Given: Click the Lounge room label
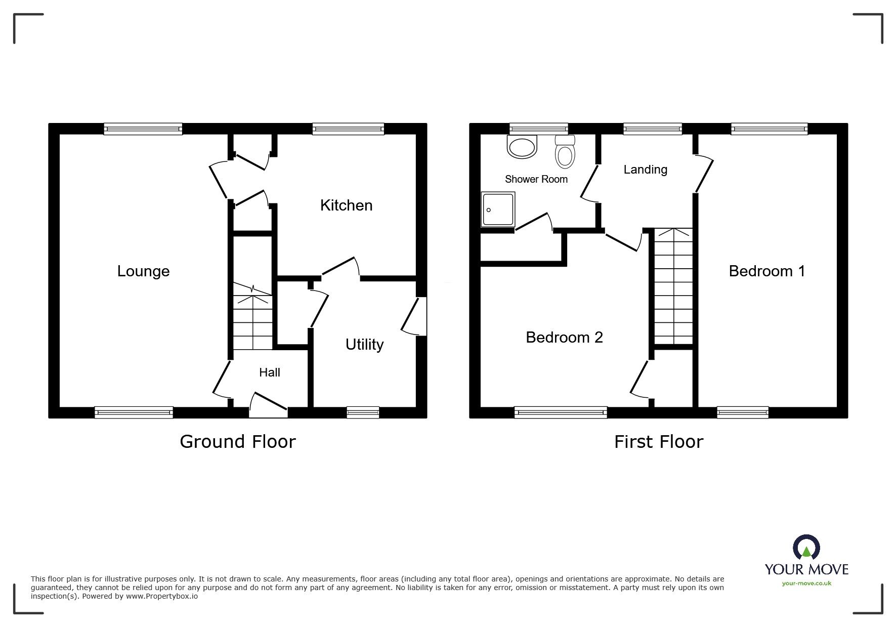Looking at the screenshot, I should (x=143, y=271).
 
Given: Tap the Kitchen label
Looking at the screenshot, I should (x=346, y=205).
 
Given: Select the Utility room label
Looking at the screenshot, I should (x=364, y=345).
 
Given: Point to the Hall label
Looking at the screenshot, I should (x=269, y=372).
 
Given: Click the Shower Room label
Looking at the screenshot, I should (x=536, y=179).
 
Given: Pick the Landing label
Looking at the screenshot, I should (x=645, y=170).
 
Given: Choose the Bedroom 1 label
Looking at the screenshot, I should (x=766, y=271).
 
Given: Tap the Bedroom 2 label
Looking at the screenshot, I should (x=564, y=338).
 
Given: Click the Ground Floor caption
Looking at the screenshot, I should (x=237, y=442).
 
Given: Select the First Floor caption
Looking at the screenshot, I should (x=658, y=442).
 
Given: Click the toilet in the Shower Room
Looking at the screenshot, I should (x=565, y=151).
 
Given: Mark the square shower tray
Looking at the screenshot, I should (x=498, y=209).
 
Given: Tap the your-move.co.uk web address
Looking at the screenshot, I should (x=806, y=583).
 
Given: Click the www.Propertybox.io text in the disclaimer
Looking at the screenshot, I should (x=162, y=596).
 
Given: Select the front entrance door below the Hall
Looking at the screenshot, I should (x=268, y=406).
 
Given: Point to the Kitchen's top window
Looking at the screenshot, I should (x=348, y=129).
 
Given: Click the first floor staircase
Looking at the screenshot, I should (x=673, y=286).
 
